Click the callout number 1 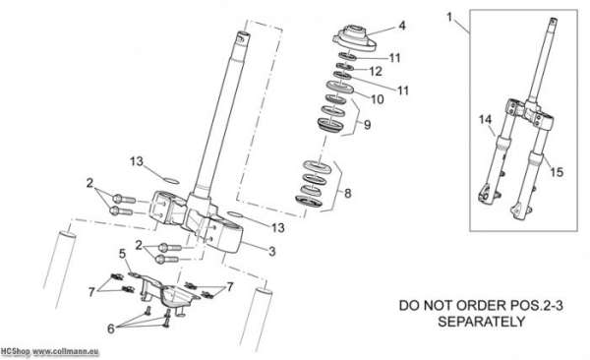(x=449, y=17)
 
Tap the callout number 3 (x=271, y=251)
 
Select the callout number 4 (x=402, y=26)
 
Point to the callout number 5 (x=122, y=254)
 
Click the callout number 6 (x=110, y=329)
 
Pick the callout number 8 (x=348, y=193)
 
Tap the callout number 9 (x=367, y=124)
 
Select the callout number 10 (x=377, y=99)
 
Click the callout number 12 (x=376, y=71)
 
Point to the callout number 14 (x=486, y=120)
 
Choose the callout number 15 (x=557, y=172)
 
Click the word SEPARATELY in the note (x=481, y=322)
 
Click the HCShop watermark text (x=15, y=351)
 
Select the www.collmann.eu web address (x=66, y=352)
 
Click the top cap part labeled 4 (x=354, y=37)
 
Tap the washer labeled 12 (x=344, y=67)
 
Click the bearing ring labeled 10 (x=340, y=87)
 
